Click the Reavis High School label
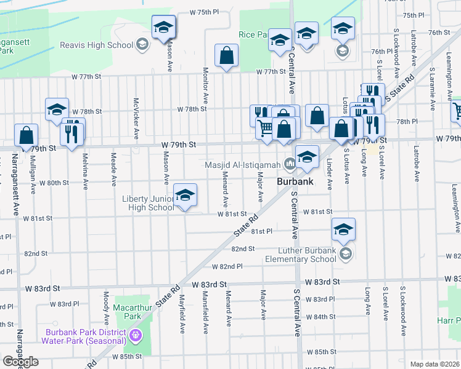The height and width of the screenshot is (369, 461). coord(97,45)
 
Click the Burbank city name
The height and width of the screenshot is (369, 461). coord(296,182)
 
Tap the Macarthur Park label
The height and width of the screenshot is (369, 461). coord(128,311)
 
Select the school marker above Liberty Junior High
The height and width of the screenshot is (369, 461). coord(185,196)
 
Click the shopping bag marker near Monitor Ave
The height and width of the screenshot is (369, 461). coord(227,56)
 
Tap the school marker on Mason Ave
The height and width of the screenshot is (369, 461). coord(164,28)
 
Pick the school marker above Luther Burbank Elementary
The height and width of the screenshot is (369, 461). coord(343,230)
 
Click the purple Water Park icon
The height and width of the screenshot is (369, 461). coord(136,336)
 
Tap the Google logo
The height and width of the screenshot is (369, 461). coord(20,362)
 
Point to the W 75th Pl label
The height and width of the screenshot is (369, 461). coord(205,12)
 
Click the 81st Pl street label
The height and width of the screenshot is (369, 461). coord(261,231)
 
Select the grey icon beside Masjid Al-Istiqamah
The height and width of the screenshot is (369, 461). coord(289,164)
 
